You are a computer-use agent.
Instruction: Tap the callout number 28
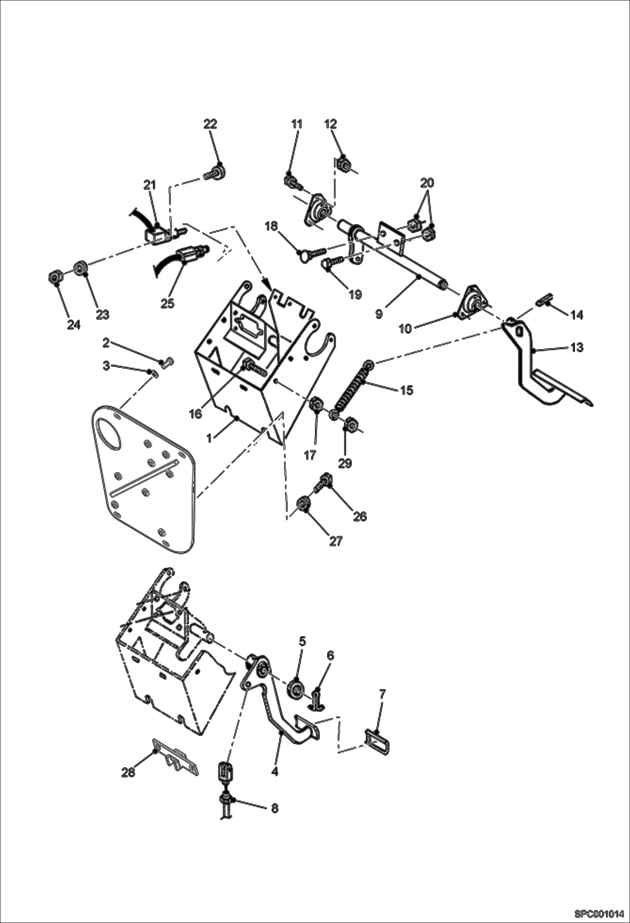tap(128, 772)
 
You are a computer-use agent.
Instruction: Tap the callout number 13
tap(577, 347)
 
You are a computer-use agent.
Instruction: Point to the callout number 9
tap(379, 314)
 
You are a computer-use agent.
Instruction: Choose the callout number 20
tap(427, 183)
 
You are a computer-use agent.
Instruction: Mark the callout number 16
tap(196, 414)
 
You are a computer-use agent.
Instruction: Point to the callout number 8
tap(274, 809)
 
